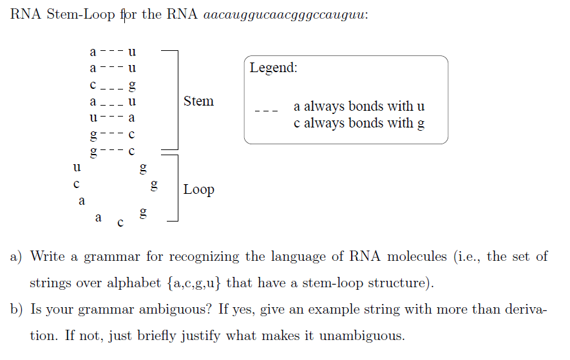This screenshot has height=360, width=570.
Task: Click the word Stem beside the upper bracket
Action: pos(198,101)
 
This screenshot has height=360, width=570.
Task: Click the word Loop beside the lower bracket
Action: pos(198,189)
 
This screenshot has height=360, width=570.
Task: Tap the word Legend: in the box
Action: pos(274,68)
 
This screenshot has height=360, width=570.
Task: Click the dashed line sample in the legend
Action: pos(266,112)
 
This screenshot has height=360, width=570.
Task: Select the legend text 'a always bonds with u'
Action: pos(359,106)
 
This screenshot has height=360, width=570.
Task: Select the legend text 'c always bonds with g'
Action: pos(359,123)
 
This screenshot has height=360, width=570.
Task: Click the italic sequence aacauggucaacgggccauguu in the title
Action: pos(285,15)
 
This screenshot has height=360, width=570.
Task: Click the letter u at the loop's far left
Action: pos(77,167)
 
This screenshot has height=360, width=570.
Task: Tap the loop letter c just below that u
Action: pos(76,184)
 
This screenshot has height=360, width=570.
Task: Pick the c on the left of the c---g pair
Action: pos(93,84)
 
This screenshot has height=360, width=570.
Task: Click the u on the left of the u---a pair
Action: pos(93,118)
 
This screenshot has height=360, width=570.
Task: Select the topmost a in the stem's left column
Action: pos(93,50)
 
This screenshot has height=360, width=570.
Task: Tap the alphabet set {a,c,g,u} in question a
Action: pos(185,283)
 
